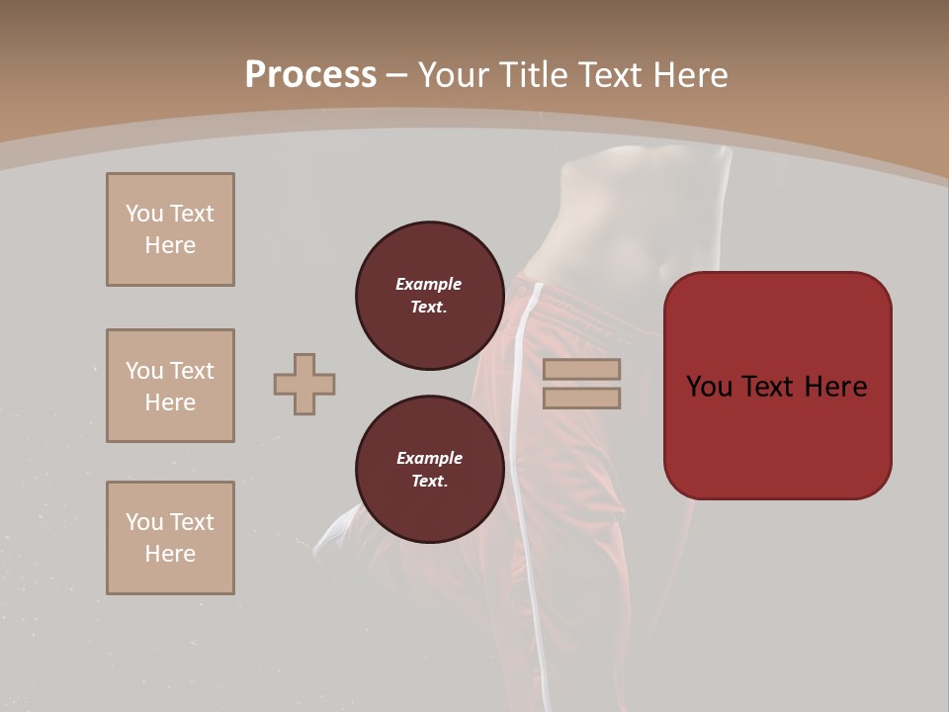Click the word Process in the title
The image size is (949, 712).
pos(310,75)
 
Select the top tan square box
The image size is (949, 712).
pos(170,229)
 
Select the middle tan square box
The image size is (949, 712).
pos(170,386)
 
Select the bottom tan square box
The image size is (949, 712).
pos(170,538)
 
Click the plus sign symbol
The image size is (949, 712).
pos(304,384)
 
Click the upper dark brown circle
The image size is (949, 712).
pos(429,296)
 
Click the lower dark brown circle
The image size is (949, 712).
pos(429,470)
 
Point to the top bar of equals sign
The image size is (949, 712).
pos(581,369)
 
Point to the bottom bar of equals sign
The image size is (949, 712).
pos(581,398)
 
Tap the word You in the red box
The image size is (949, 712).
pos(710,387)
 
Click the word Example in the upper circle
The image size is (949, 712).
pos(429,284)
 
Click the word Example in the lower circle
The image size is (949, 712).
pos(429,458)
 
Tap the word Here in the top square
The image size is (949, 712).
pos(170,245)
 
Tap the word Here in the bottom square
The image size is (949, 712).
pos(170,554)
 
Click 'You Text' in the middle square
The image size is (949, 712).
pos(170,371)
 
